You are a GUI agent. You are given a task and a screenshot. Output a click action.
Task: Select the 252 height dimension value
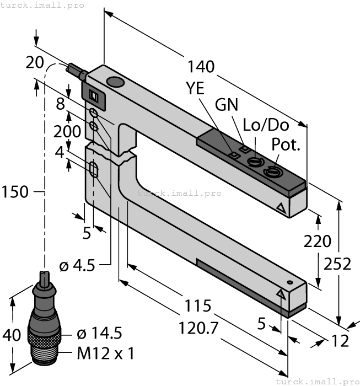coord(338,264)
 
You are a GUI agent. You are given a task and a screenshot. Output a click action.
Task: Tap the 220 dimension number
coord(318,241)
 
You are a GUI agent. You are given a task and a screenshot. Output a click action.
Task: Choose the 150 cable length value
coord(15,192)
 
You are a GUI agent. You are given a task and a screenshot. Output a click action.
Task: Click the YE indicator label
coord(197,88)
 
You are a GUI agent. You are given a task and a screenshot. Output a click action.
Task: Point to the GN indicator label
coord(228,104)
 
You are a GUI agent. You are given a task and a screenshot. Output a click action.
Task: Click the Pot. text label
coord(286,146)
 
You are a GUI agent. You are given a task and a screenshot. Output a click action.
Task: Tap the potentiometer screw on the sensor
coord(271,171)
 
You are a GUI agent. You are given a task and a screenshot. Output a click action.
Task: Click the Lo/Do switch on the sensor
coord(254,162)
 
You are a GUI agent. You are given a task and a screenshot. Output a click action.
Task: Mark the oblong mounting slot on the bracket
coord(94,169)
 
